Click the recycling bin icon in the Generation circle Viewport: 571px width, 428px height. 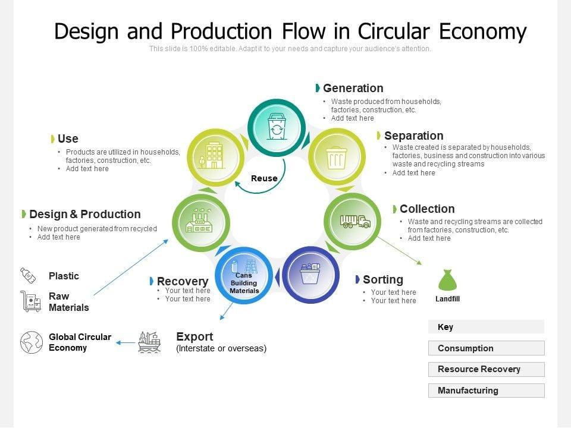(x=276, y=127)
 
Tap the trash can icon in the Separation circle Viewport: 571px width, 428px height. (x=336, y=158)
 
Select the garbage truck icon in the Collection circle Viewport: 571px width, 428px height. (x=355, y=221)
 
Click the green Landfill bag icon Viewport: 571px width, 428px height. (x=447, y=281)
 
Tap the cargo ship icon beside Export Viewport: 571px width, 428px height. (x=149, y=342)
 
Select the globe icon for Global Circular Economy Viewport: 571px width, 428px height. (x=32, y=342)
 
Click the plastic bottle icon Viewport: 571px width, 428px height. (x=28, y=275)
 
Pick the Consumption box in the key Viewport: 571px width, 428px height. (x=486, y=348)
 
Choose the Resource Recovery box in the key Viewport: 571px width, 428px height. (x=486, y=369)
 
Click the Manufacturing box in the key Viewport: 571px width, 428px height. (x=486, y=391)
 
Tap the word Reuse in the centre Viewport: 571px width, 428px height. (x=264, y=178)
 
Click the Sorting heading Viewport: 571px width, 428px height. (x=382, y=279)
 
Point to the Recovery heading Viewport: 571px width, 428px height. (x=182, y=281)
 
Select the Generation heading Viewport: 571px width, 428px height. (x=353, y=88)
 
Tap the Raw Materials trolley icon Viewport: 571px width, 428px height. (x=30, y=301)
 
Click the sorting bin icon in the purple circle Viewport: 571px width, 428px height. (x=310, y=274)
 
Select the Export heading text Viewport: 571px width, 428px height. (x=194, y=336)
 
